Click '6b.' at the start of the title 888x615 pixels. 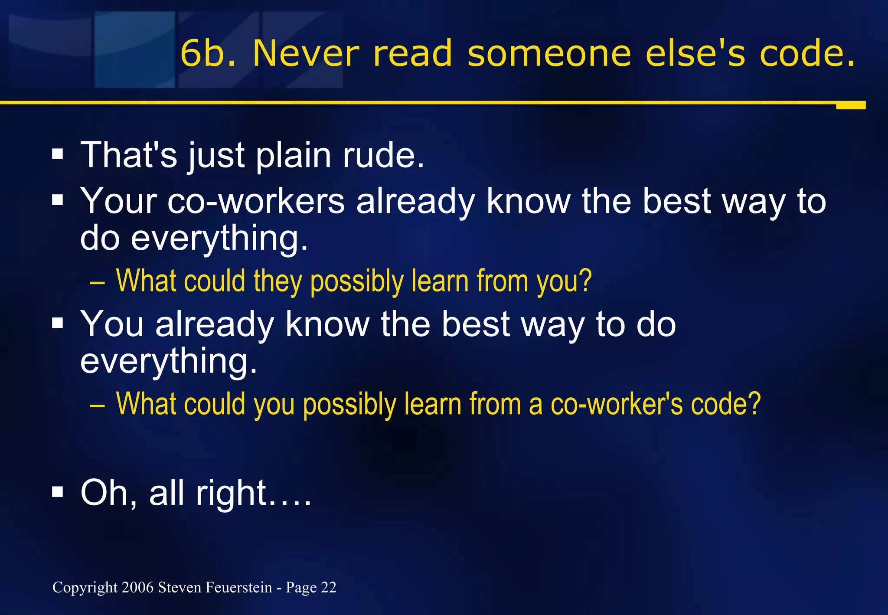(x=208, y=53)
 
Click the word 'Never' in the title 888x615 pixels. (x=306, y=53)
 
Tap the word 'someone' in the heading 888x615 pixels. (x=549, y=53)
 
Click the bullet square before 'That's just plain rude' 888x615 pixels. (x=58, y=154)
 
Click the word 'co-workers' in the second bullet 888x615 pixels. (x=256, y=201)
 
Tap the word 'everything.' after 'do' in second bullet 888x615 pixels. (x=219, y=238)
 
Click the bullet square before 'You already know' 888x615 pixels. (x=58, y=323)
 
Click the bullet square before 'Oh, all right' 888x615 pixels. (x=58, y=492)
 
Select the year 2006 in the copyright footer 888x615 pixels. (x=137, y=587)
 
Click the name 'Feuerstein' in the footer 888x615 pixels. (x=238, y=587)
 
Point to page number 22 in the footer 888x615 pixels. (x=328, y=587)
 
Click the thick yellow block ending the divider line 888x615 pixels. (x=850, y=105)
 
